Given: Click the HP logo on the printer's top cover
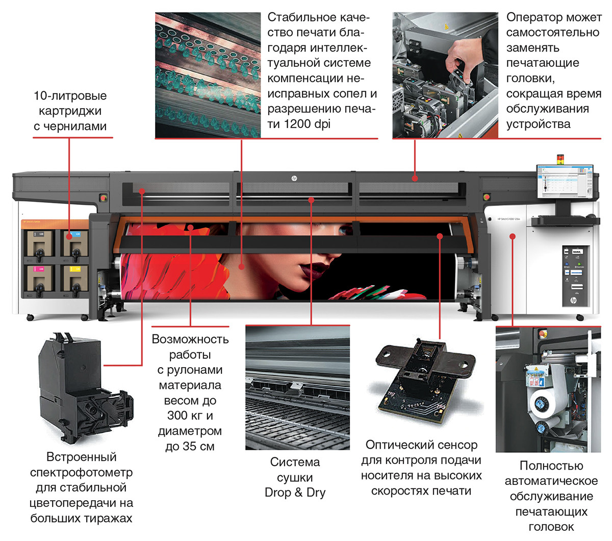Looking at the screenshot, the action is coord(294,178).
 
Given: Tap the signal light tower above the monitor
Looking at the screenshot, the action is coord(560,159).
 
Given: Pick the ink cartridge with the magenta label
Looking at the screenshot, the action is coord(40,278).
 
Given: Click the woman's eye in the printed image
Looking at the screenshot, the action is coord(344,231).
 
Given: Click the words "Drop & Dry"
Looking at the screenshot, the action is coord(295,493).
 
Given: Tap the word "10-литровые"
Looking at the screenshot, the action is coord(70,96).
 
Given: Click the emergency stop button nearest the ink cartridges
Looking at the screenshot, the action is coord(104,198).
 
